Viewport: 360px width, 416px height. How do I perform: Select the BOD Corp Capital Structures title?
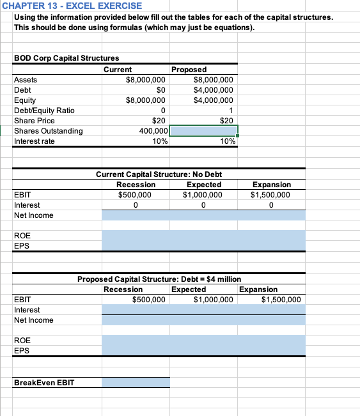coord(66,58)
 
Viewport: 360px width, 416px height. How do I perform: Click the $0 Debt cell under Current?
coord(161,90)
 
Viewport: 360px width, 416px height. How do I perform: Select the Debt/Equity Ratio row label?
coord(44,111)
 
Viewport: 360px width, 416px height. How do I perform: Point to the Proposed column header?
coord(189,69)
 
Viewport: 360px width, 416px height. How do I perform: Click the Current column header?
coord(118,69)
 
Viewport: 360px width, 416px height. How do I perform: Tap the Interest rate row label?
coord(35,141)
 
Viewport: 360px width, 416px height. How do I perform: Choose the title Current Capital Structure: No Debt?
coord(159,174)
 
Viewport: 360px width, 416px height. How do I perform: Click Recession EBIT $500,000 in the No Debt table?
coord(135,195)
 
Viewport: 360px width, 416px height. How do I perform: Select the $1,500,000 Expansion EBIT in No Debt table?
coord(270,195)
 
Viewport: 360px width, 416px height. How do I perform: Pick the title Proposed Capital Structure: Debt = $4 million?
coord(159,279)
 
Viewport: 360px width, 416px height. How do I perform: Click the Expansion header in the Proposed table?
coord(258,289)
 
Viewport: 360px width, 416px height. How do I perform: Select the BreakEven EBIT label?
coord(43,382)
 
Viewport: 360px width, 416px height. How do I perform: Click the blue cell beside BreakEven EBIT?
coord(135,382)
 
